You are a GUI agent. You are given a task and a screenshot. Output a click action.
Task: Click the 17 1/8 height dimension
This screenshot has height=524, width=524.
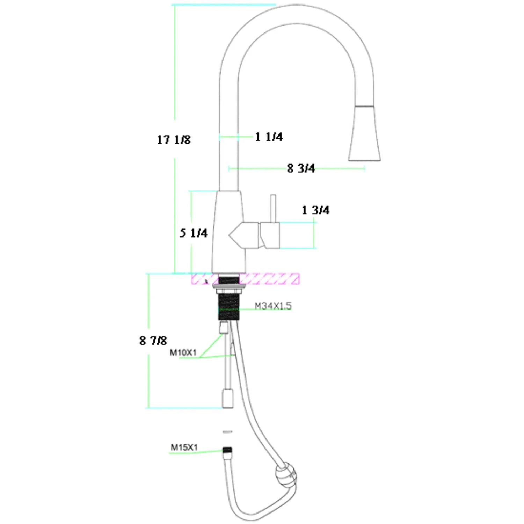coord(174,140)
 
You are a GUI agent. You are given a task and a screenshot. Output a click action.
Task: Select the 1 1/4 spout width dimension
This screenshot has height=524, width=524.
coord(269,137)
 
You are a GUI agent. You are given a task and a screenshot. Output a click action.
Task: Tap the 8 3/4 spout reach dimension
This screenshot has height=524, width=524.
coord(301,168)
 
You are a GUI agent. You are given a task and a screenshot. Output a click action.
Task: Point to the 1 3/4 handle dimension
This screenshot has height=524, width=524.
coord(315,210)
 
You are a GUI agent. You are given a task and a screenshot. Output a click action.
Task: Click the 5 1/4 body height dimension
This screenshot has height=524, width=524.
coord(194,233)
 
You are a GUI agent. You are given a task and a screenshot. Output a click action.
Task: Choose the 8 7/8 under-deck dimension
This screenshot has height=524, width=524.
coord(153,341)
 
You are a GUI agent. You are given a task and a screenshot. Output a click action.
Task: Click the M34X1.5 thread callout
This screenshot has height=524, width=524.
coord(273,306)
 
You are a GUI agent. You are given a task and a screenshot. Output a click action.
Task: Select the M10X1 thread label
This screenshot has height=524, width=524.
coord(183,352)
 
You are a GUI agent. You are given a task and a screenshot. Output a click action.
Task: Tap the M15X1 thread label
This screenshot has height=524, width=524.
coord(184,447)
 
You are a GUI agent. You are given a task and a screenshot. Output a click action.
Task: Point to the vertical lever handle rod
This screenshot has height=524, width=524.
coord(273,208)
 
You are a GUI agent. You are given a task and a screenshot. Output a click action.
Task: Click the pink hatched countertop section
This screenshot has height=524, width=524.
coord(269,279)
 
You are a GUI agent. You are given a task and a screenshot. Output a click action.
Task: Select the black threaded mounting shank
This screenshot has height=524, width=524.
coord(229,307)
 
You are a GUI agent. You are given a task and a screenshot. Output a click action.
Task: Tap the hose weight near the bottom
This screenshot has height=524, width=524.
coord(286,474)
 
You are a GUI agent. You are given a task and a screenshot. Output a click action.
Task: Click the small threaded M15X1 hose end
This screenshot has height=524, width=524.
coord(228,450)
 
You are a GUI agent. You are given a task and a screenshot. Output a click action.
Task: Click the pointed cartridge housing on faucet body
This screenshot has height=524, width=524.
coord(244,235)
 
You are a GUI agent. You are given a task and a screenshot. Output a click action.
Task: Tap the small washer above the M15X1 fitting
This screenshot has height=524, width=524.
coord(227,432)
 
